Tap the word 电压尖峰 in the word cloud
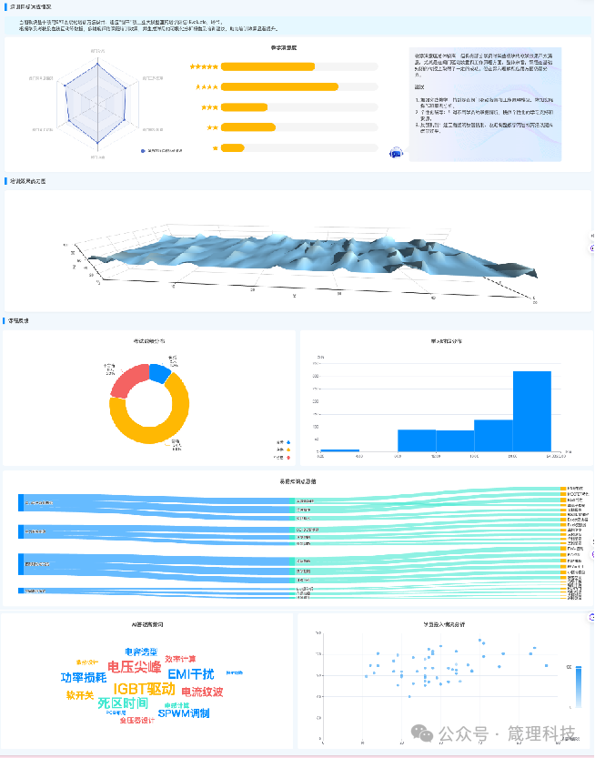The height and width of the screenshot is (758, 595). click(x=135, y=668)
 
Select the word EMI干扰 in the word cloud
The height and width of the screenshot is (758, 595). click(x=191, y=674)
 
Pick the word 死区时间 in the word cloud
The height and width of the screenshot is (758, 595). click(x=123, y=703)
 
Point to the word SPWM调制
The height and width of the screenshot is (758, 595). click(x=183, y=713)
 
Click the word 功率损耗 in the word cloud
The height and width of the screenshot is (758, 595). click(x=84, y=678)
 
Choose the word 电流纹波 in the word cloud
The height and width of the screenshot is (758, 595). click(x=202, y=692)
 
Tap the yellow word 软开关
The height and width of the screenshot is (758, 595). click(x=79, y=695)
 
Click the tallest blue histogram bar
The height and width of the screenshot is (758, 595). click(x=532, y=411)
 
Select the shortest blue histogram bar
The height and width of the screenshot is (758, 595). click(x=339, y=450)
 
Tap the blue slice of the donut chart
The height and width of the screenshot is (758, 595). click(x=159, y=372)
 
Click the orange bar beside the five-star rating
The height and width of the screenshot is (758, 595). click(x=267, y=66)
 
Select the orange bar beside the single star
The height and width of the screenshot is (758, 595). click(x=232, y=147)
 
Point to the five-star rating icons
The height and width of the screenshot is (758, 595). click(x=203, y=66)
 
